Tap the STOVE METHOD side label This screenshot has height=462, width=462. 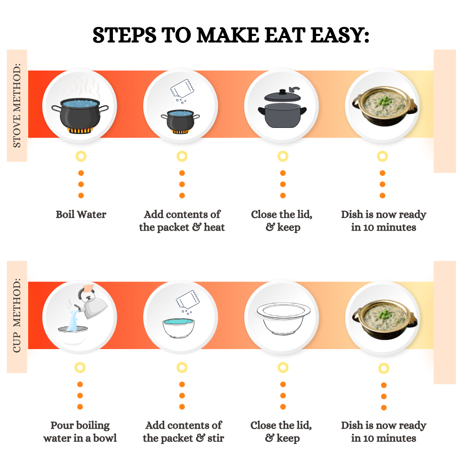(17, 106)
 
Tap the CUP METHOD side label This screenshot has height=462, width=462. (17, 315)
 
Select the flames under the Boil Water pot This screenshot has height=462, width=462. (80, 130)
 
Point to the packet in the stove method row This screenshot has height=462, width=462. (182, 89)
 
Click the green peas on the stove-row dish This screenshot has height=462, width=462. (384, 98)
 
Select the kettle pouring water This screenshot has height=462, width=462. (92, 305)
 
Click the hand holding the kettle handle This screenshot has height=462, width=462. (88, 288)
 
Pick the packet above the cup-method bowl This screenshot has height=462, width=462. (188, 299)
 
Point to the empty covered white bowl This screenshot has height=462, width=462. (283, 318)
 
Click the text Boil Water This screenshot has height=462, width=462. (81, 214)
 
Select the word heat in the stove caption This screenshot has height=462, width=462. (214, 228)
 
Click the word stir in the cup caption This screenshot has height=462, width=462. (216, 438)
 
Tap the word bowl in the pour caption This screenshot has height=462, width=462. (105, 438)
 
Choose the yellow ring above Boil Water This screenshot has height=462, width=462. (81, 156)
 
